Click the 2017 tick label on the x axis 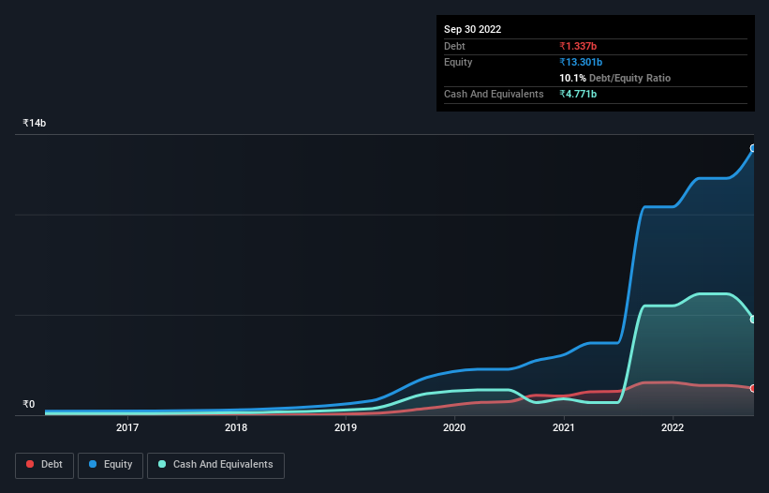click(127, 428)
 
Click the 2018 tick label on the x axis click(236, 428)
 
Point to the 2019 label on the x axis click(346, 428)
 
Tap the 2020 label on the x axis click(454, 428)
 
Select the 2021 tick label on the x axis click(564, 428)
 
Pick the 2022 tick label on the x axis click(673, 428)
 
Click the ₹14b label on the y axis click(35, 124)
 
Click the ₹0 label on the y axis click(28, 405)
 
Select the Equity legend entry click(111, 465)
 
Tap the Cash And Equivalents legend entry click(215, 465)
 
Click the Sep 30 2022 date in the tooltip click(472, 29)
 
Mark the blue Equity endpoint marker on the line click(753, 148)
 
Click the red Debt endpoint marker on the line click(753, 388)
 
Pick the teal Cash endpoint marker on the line click(753, 320)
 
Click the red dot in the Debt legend click(31, 465)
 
